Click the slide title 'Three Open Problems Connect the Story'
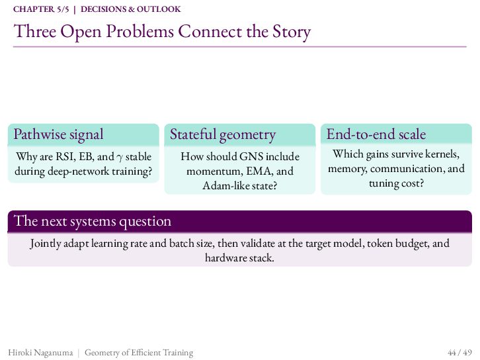point(162,32)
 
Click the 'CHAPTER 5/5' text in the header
point(41,9)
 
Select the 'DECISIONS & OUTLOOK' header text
point(131,9)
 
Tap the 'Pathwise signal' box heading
point(58,134)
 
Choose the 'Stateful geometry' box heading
point(223,134)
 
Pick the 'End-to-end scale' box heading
point(376,134)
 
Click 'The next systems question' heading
point(93,221)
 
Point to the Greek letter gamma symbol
point(120,157)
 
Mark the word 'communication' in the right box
point(407,169)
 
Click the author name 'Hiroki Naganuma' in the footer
point(40,353)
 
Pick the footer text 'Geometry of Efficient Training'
point(139,353)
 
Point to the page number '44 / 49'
point(460,353)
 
